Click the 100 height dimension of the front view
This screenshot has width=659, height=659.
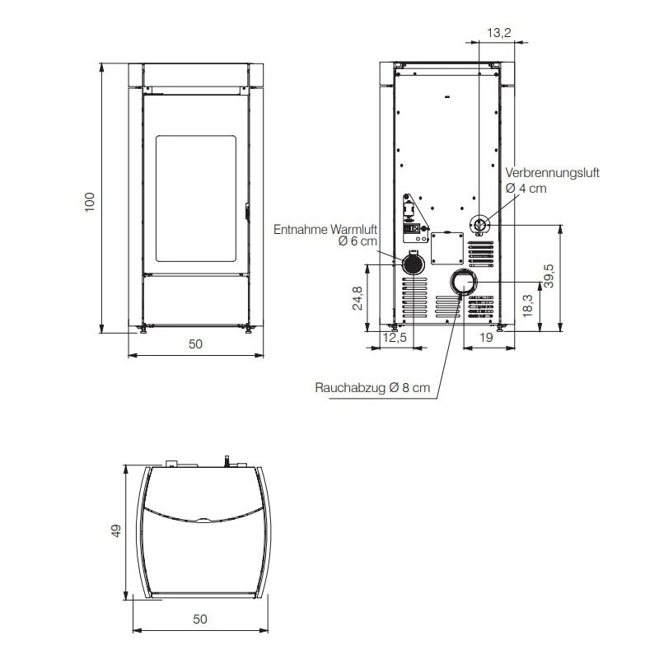tap(90, 202)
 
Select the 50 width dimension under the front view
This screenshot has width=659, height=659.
tap(194, 345)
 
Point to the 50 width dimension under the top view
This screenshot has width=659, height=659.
tap(199, 619)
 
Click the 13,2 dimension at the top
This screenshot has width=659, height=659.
tap(499, 33)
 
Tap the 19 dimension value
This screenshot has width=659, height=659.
tap(485, 338)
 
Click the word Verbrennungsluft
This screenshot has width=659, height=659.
tap(552, 173)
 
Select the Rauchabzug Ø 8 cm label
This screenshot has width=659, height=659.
tap(372, 388)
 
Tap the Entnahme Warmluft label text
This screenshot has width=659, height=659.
tap(325, 228)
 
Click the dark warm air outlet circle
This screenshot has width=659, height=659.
tap(411, 264)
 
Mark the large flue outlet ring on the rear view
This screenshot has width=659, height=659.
tap(462, 283)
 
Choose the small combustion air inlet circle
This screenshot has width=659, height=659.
tap(479, 224)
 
